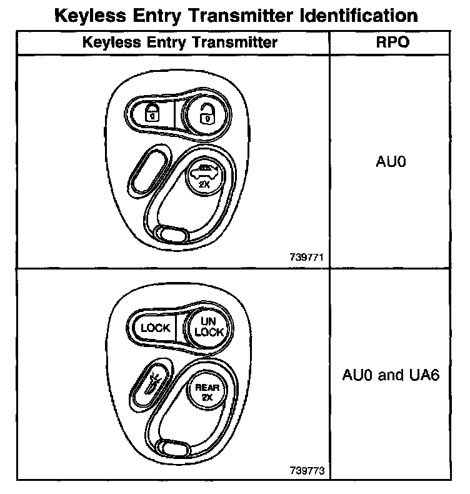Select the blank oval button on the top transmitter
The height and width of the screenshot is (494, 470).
149,168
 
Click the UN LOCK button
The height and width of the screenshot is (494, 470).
209,327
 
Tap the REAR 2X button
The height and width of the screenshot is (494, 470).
204,392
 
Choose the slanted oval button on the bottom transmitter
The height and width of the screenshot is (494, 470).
149,382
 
